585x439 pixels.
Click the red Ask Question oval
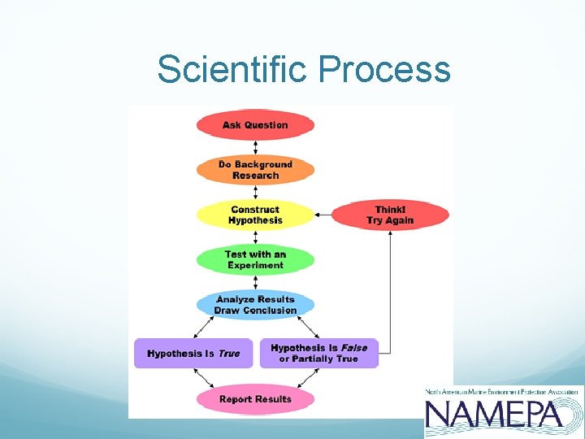click(255, 125)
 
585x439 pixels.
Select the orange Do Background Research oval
click(255, 170)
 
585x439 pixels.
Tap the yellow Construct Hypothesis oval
click(255, 215)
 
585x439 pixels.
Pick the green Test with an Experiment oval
click(255, 260)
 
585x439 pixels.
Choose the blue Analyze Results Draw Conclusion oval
click(255, 305)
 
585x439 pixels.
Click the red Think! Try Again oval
click(390, 215)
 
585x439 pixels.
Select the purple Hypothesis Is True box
click(193, 354)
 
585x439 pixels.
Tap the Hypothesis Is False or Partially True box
click(318, 354)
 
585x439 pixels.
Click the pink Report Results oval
click(255, 399)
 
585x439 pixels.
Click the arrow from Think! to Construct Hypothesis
click(323, 215)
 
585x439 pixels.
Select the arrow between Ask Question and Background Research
click(255, 147)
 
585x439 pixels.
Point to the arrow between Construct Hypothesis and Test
click(255, 237)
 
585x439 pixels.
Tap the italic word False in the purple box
click(353, 348)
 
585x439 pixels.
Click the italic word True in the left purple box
click(229, 354)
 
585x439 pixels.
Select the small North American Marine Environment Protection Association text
click(504, 392)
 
